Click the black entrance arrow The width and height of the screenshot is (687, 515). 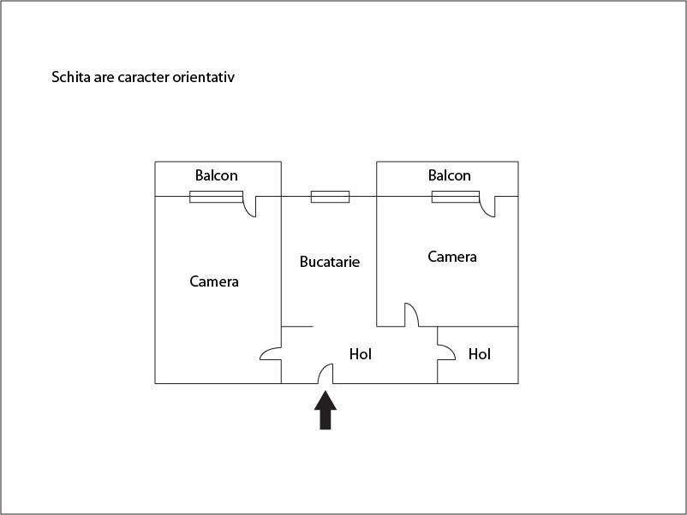(326, 411)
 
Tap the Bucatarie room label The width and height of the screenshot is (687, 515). (330, 262)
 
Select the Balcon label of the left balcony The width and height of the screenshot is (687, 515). (217, 175)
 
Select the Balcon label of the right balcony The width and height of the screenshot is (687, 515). (450, 175)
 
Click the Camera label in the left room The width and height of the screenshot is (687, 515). (214, 281)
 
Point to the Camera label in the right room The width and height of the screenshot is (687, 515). (452, 257)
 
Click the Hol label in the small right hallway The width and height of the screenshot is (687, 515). (480, 354)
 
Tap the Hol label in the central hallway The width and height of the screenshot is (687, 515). (360, 354)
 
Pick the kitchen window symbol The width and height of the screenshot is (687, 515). (331, 197)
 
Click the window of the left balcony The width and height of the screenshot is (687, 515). (217, 197)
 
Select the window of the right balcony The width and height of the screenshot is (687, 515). (456, 197)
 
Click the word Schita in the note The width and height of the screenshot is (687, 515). (71, 77)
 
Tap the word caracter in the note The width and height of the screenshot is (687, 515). (143, 78)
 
